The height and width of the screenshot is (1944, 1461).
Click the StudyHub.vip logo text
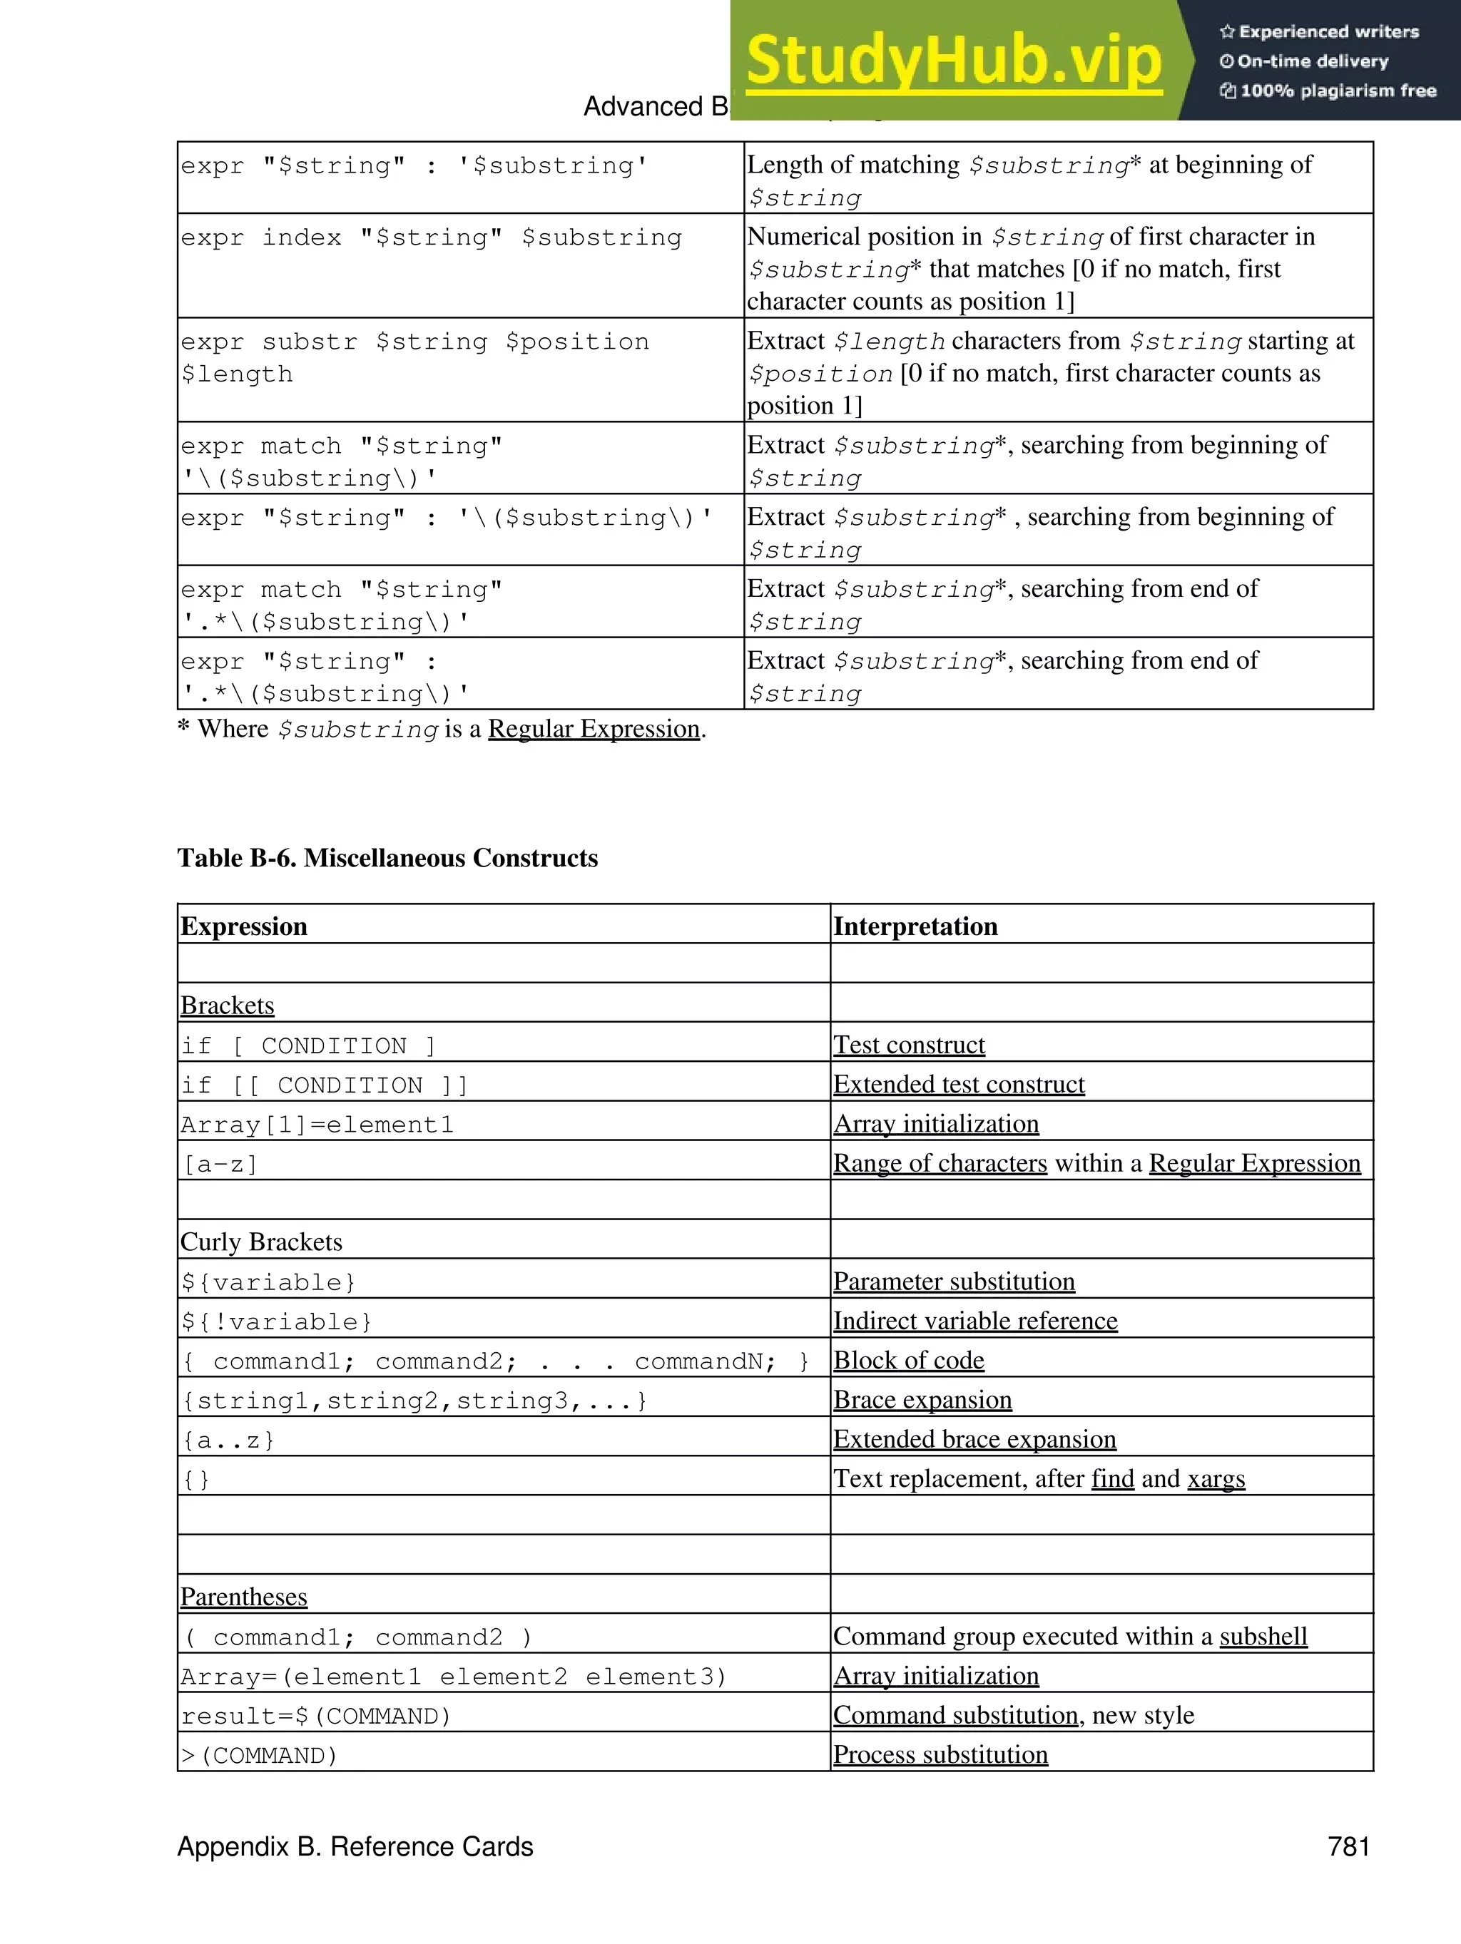coord(954,60)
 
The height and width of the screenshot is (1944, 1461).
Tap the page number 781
coord(1348,1846)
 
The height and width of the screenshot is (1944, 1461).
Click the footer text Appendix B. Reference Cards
coord(355,1846)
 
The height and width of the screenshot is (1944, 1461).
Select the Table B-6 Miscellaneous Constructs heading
coord(387,858)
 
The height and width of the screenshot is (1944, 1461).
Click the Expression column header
coord(243,926)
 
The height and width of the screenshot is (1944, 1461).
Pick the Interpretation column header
coord(915,926)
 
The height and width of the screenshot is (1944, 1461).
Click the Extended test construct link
coord(958,1085)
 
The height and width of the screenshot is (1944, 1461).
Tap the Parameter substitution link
coord(954,1281)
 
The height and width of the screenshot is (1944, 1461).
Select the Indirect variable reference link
coord(975,1321)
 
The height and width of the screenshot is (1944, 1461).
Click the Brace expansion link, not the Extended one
coord(922,1400)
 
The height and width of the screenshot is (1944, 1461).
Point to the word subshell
coord(1263,1637)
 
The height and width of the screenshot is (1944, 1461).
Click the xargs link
coord(1216,1479)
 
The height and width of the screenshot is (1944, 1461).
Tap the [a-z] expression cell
coord(220,1165)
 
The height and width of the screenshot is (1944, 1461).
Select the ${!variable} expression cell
coord(276,1321)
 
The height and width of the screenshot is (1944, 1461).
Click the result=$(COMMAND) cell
coord(315,1717)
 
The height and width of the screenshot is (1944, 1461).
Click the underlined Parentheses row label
coord(243,1597)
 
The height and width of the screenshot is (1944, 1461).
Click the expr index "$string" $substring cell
coord(431,237)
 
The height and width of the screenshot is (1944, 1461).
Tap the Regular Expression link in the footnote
coord(594,730)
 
